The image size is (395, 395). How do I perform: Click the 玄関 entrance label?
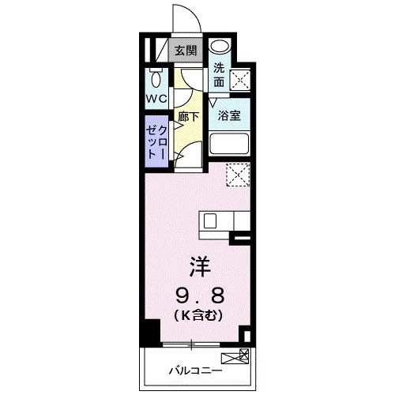[x=186, y=51]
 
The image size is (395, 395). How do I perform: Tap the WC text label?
[x=156, y=100]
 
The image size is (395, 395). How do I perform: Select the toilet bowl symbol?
[x=156, y=81]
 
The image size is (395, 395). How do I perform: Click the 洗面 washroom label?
[x=219, y=74]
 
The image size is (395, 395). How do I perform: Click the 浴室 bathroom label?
[x=229, y=115]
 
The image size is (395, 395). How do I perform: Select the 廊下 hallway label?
[x=188, y=115]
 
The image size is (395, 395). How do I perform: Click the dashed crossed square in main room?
[x=238, y=174]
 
